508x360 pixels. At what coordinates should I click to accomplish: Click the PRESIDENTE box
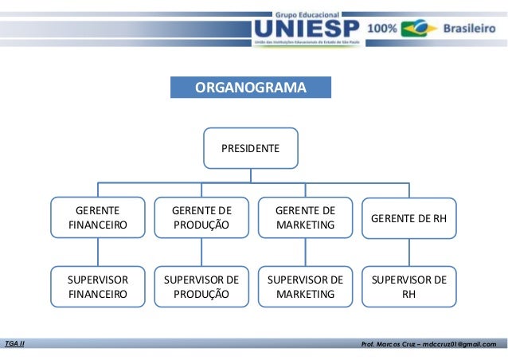[x=250, y=148]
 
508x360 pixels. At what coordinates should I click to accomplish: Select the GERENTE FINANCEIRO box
[x=98, y=217]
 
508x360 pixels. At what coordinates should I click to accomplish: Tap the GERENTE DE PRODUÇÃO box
[x=201, y=217]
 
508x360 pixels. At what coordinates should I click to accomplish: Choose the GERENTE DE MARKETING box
[x=305, y=217]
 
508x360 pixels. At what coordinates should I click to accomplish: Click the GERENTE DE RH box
[x=408, y=217]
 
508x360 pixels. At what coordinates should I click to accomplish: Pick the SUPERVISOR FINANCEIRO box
[x=98, y=287]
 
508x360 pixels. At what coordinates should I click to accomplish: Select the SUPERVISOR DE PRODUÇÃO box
[x=201, y=287]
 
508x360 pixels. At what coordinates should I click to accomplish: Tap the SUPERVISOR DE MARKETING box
[x=305, y=287]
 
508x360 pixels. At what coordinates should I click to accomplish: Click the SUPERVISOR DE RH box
[x=408, y=287]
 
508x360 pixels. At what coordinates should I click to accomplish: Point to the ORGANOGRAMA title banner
[x=250, y=87]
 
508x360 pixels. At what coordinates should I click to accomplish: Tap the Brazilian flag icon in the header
[x=419, y=29]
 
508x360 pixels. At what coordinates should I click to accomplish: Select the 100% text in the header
[x=381, y=29]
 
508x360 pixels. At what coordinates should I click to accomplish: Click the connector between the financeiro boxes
[x=98, y=252]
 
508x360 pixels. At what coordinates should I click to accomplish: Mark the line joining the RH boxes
[x=408, y=252]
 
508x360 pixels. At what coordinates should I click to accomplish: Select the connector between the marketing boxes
[x=305, y=252]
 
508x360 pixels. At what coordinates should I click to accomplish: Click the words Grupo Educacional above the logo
[x=307, y=14]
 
